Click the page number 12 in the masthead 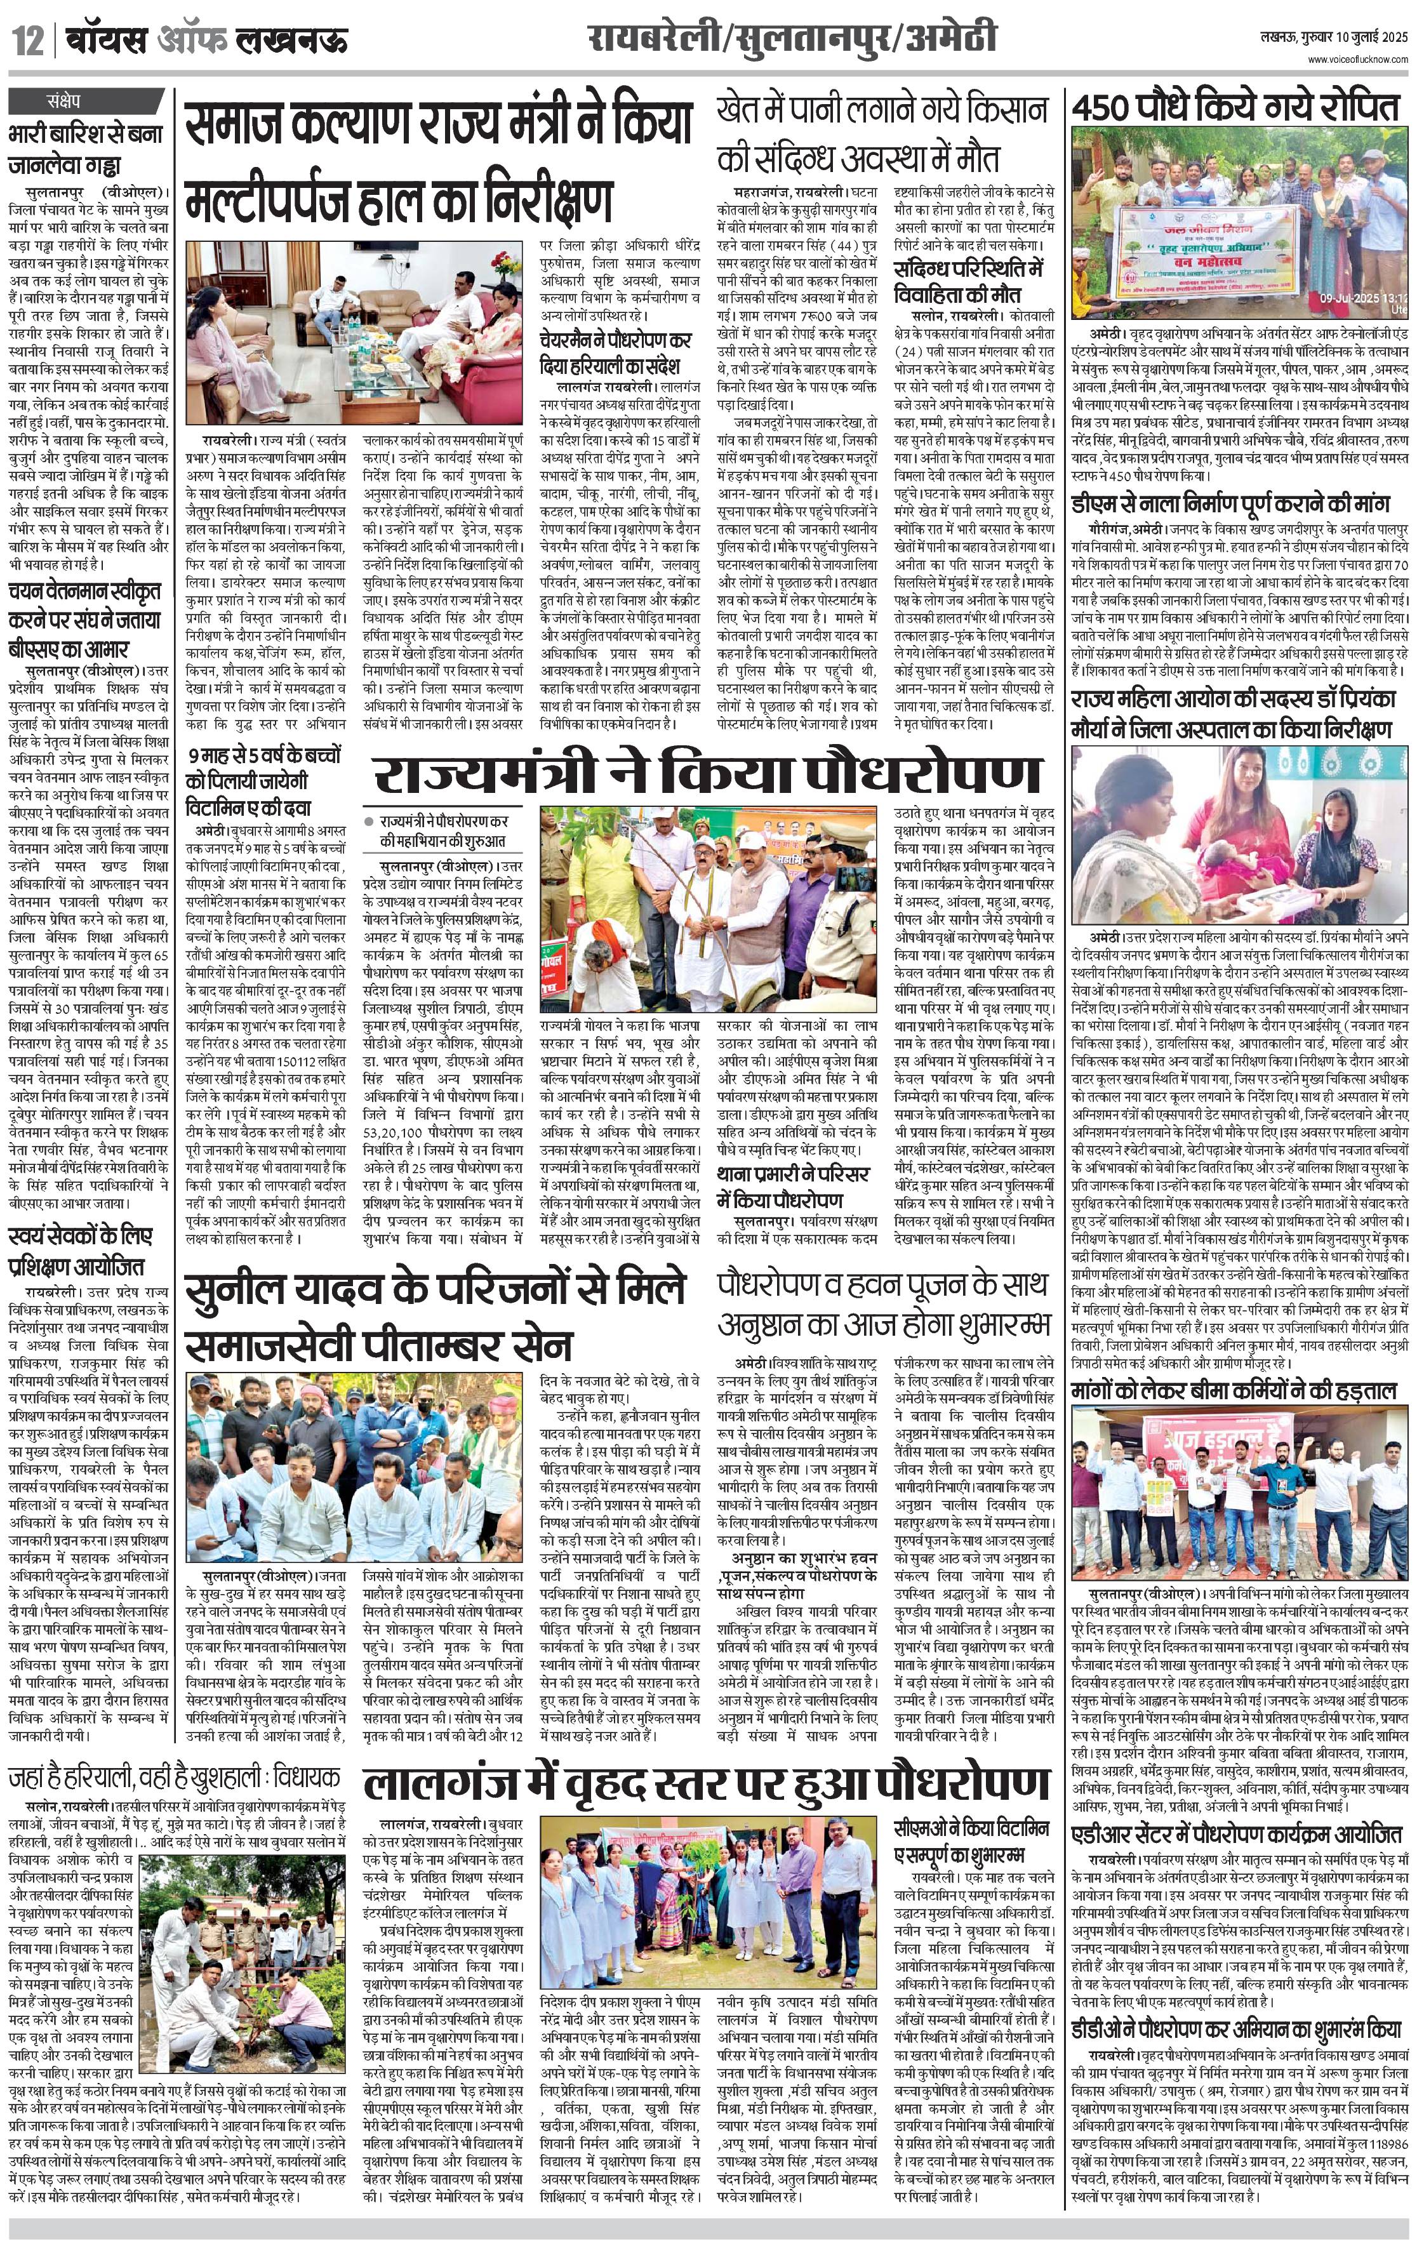pos(27,41)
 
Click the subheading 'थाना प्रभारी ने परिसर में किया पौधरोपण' pos(794,1187)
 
